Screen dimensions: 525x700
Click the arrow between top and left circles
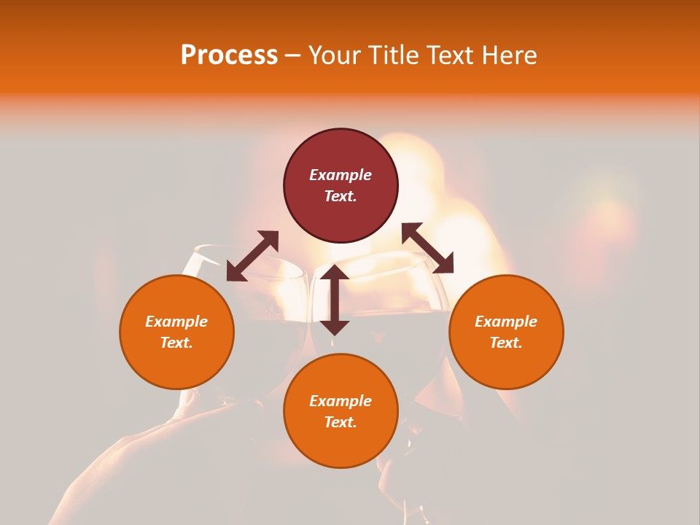[252, 256]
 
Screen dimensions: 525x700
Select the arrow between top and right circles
[427, 248]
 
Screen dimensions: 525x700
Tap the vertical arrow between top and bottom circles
[335, 300]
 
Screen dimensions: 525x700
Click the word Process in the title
[229, 55]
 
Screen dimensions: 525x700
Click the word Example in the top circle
[341, 175]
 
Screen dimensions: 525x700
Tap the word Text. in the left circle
[176, 343]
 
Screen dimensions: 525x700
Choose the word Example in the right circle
[506, 322]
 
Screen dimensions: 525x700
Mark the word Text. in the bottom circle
[341, 422]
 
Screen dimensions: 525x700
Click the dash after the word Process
[293, 55]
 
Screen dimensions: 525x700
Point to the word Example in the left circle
[176, 322]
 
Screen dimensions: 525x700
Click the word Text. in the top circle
[341, 196]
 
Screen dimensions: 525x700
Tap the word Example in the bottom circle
[341, 401]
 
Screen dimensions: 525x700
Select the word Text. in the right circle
[506, 343]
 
